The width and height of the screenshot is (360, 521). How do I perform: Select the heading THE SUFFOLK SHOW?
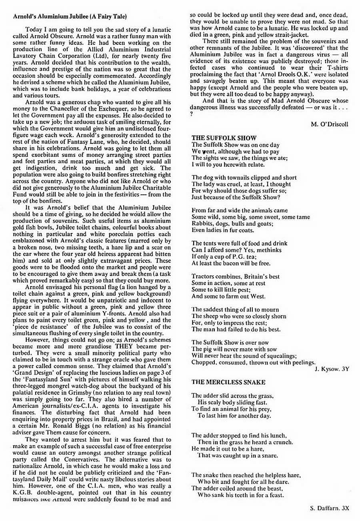coord(224,138)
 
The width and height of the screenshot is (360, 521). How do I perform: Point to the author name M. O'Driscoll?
coord(329,124)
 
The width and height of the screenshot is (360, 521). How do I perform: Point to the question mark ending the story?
coord(192,114)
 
